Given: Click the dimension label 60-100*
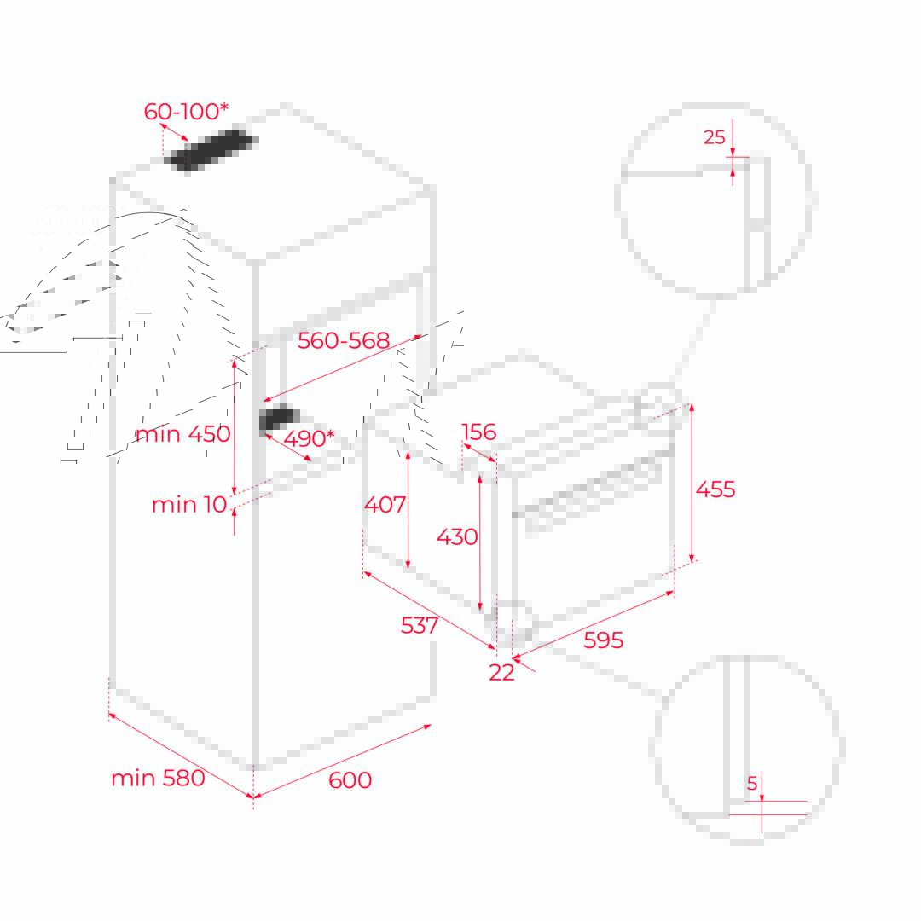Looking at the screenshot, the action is (x=186, y=110).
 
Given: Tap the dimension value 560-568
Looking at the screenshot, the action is (x=344, y=340).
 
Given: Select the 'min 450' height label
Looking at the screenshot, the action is (x=182, y=434).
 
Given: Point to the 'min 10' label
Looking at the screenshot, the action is (x=189, y=505).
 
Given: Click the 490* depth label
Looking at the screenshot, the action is (x=309, y=438).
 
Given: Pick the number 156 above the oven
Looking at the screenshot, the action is (x=479, y=432).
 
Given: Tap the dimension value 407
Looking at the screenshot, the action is (x=385, y=505).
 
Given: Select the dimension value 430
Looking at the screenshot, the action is (x=457, y=536).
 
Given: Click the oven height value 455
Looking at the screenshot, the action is (x=715, y=489).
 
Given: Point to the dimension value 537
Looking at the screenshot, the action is (x=420, y=626).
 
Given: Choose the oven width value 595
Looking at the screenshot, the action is (x=603, y=640).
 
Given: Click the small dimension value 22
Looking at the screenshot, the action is (x=501, y=673).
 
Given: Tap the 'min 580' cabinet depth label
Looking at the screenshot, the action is (x=158, y=779).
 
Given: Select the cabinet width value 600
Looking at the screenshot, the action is (x=350, y=780).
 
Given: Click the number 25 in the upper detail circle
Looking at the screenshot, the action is (x=715, y=136).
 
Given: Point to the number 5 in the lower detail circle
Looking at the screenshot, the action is (x=752, y=783).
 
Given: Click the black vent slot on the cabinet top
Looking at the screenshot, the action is (x=211, y=150).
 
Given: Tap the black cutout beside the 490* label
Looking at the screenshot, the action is (x=280, y=418).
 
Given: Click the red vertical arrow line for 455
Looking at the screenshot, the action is (x=692, y=483).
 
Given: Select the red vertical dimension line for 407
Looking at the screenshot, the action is (x=408, y=511).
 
